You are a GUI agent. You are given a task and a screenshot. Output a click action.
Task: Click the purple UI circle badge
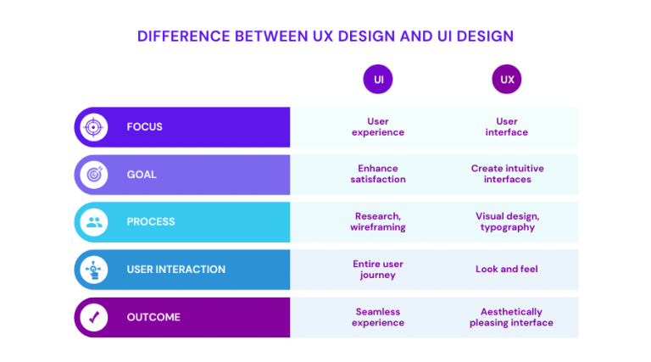point(378,80)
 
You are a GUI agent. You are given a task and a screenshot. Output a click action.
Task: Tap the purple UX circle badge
point(507,80)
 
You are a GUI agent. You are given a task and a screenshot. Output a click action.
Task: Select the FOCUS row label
point(145,127)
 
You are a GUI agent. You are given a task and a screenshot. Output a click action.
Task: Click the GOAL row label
point(142,175)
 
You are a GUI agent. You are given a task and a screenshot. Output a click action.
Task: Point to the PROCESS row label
point(151,222)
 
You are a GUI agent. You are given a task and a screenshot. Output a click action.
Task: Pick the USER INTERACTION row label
point(176,270)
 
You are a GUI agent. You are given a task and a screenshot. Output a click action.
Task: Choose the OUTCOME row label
point(153,317)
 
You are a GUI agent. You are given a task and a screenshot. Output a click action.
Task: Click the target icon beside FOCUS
point(93,127)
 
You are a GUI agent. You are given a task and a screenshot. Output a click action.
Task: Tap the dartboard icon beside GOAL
point(93,175)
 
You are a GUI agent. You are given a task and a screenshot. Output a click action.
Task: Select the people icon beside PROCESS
point(93,222)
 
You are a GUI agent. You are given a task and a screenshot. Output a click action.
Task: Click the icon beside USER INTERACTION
point(93,270)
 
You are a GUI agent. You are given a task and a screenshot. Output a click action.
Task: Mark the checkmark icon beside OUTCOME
point(93,317)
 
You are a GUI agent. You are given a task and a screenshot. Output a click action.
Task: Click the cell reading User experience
point(378,127)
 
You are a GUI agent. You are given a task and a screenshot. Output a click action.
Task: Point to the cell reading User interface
point(507,127)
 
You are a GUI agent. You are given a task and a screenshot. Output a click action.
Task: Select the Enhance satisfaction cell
point(378,174)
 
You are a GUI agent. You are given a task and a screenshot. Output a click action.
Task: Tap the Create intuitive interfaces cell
point(507,174)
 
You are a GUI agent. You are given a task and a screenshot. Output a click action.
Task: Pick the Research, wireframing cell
point(378,221)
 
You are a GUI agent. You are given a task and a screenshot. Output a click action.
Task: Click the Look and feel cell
point(507,270)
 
